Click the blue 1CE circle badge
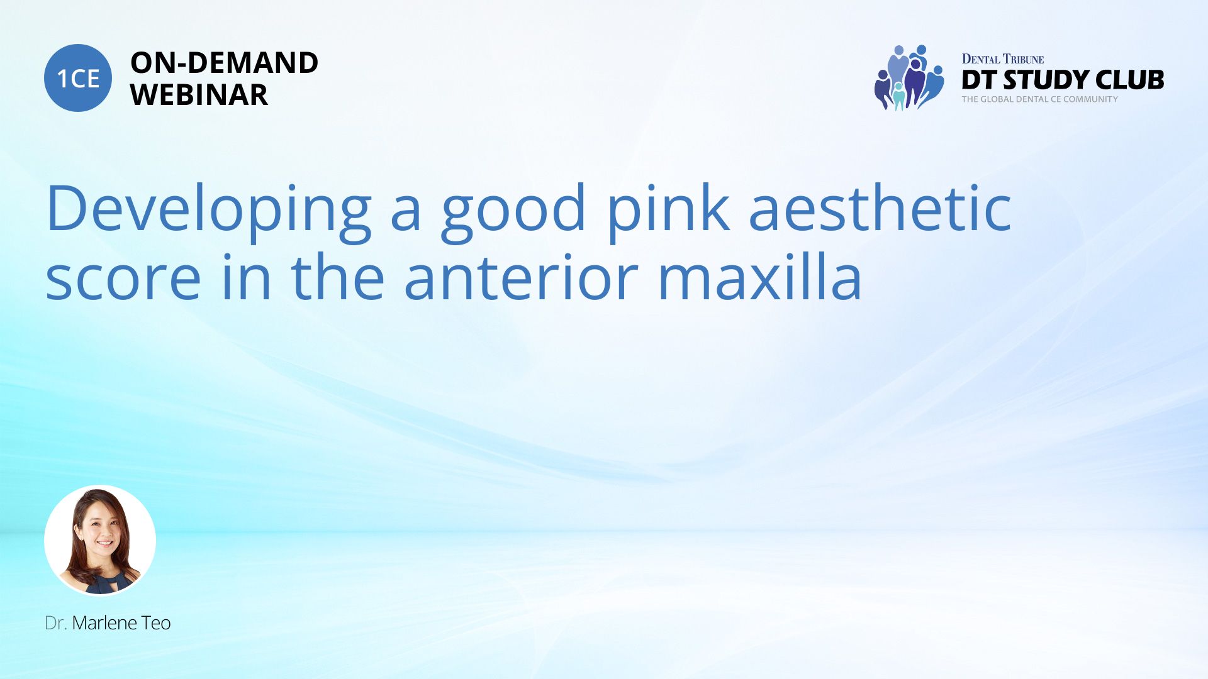pos(78,78)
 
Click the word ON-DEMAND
pos(225,63)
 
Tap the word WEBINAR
pos(199,95)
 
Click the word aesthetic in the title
pos(880,208)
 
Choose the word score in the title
pos(123,279)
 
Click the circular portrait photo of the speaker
pos(100,541)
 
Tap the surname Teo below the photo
pos(156,623)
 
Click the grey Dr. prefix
pos(56,623)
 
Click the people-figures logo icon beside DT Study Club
pos(909,77)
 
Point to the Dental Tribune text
pos(1003,59)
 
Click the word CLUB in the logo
pos(1130,80)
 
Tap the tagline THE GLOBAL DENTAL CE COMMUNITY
pos(1040,99)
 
